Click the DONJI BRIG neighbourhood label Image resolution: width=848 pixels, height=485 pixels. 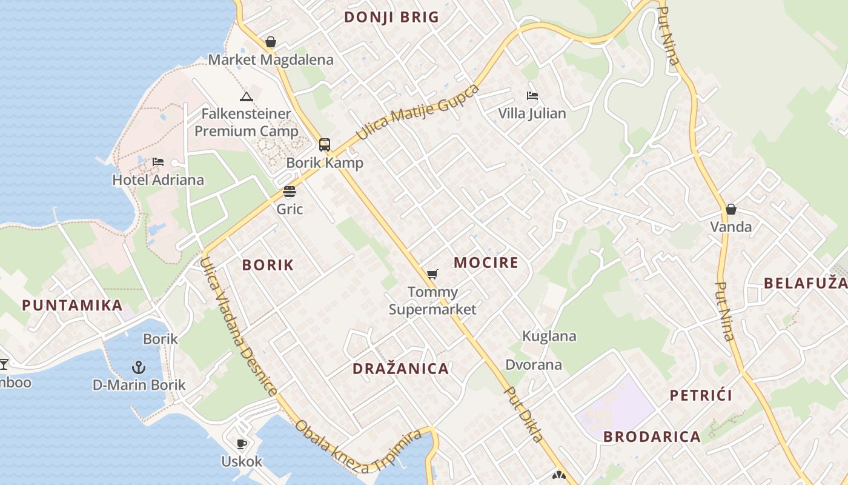(391, 17)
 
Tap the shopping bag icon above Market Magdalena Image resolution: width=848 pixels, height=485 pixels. (271, 42)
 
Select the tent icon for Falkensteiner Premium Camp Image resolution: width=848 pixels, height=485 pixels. (246, 96)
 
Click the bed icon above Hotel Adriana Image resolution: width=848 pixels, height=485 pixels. (158, 162)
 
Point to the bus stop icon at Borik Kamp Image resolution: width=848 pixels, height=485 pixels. (325, 145)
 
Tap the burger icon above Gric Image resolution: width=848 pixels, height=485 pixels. (290, 192)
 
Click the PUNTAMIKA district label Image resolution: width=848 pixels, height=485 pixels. (73, 305)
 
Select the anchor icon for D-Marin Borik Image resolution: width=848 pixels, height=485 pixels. (139, 367)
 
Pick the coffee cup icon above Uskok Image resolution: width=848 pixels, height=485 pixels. (242, 444)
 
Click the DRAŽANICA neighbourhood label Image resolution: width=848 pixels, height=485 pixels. (401, 369)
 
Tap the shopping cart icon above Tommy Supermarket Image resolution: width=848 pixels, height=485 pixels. (432, 275)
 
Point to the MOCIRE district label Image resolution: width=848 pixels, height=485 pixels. (486, 263)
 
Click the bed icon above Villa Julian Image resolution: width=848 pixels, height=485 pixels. (532, 96)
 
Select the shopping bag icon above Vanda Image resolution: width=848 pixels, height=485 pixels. (731, 209)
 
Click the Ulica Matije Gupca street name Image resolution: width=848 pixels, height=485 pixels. (418, 112)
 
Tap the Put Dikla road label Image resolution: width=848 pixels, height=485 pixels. (525, 415)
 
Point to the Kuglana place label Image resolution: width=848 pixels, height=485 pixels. (549, 336)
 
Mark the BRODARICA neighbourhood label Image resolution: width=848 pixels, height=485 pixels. (652, 436)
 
